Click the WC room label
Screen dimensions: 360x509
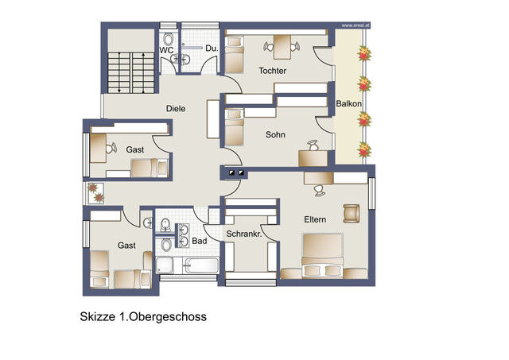pyautogui.click(x=167, y=50)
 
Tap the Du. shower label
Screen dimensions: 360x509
pyautogui.click(x=211, y=49)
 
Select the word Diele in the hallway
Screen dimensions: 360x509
pyautogui.click(x=176, y=108)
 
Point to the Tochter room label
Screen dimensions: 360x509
pyautogui.click(x=272, y=71)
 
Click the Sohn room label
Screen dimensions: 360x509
pyautogui.click(x=275, y=134)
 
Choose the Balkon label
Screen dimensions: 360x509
pyautogui.click(x=349, y=104)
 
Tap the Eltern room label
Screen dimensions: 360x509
pyautogui.click(x=315, y=219)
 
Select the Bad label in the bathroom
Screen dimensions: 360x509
pyautogui.click(x=199, y=240)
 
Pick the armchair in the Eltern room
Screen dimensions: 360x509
pyautogui.click(x=352, y=213)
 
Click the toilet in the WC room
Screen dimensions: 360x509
pyautogui.click(x=169, y=40)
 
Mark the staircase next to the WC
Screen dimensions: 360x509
pyautogui.click(x=130, y=71)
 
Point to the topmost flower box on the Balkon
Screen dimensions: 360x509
pyautogui.click(x=365, y=54)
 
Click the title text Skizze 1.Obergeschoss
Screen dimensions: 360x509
pyautogui.click(x=143, y=316)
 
